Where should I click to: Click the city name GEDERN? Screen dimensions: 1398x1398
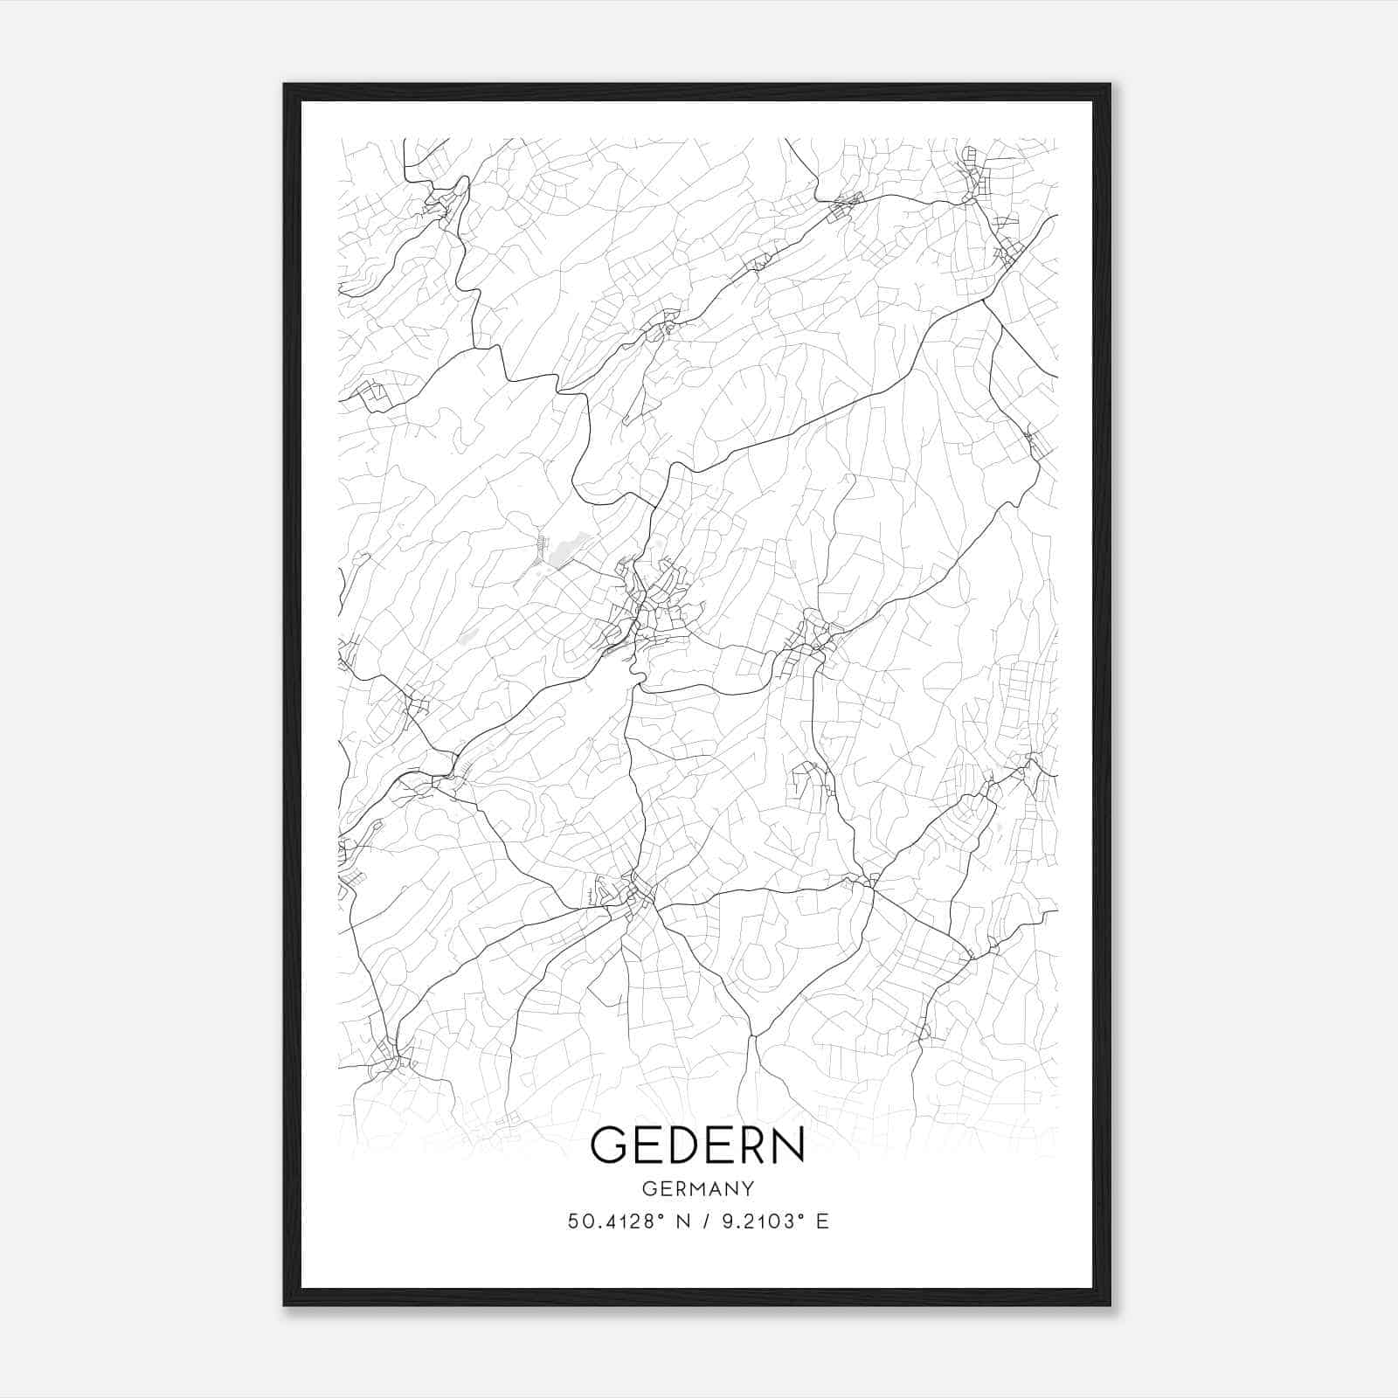(x=697, y=1145)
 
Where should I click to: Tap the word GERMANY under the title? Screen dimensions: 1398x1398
(x=698, y=1188)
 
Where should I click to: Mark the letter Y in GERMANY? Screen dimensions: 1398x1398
(x=749, y=1188)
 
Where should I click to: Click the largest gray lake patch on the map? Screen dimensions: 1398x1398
(x=557, y=552)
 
